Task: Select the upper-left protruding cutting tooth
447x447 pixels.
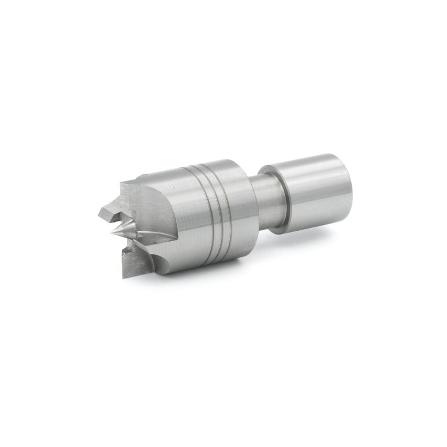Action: (x=107, y=211)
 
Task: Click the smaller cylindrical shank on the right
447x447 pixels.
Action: (x=314, y=191)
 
